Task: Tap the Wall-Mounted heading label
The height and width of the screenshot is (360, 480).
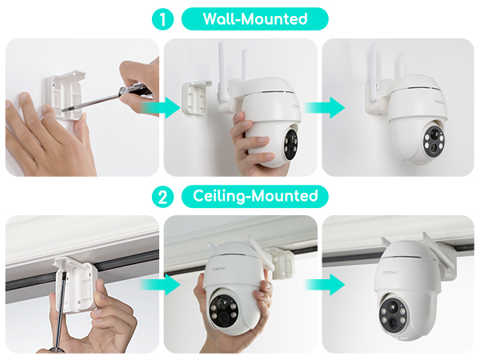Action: click(x=254, y=19)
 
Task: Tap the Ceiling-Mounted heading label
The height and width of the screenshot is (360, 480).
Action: click(x=254, y=196)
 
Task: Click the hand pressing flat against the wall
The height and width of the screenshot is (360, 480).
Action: click(x=40, y=136)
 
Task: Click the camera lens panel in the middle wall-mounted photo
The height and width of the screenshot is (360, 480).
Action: click(x=290, y=140)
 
